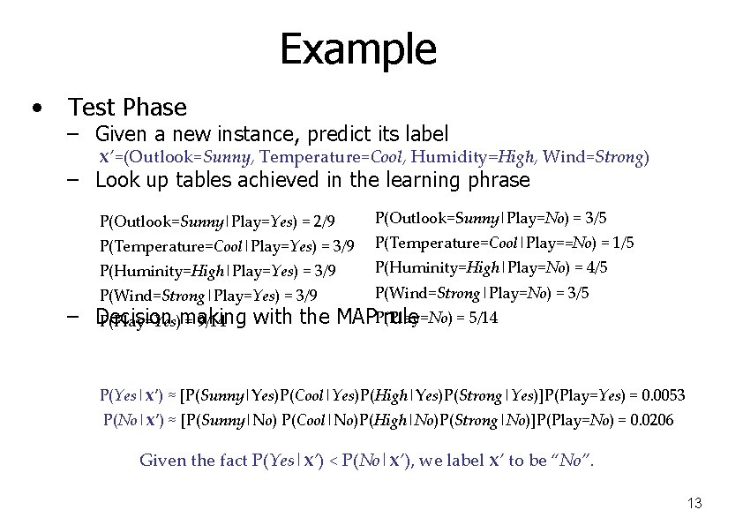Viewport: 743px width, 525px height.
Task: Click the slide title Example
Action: (x=357, y=49)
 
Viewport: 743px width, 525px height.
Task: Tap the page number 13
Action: (x=694, y=503)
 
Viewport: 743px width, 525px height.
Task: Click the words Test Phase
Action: (x=128, y=108)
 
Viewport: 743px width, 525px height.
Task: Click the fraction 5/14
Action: (x=482, y=318)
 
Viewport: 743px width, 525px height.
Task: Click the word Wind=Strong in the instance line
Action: (x=596, y=158)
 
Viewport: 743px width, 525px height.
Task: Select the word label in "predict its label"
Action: (x=425, y=134)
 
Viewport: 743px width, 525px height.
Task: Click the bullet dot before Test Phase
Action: (x=35, y=109)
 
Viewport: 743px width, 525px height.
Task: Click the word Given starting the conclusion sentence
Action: (x=162, y=460)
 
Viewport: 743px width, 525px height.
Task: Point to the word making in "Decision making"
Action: (x=213, y=318)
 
